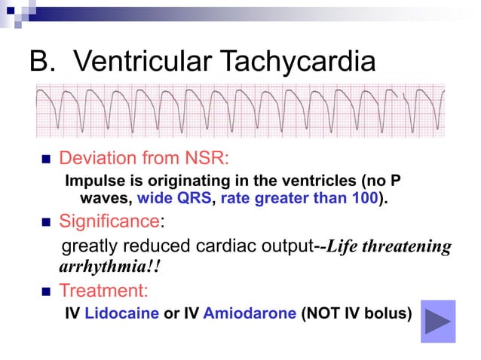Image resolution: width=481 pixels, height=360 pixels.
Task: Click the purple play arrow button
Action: point(437,322)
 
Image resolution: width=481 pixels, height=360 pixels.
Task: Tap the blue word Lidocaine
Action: point(121,313)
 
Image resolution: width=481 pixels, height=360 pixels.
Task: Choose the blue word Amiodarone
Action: point(250,313)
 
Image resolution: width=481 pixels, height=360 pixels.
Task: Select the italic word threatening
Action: point(408,247)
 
